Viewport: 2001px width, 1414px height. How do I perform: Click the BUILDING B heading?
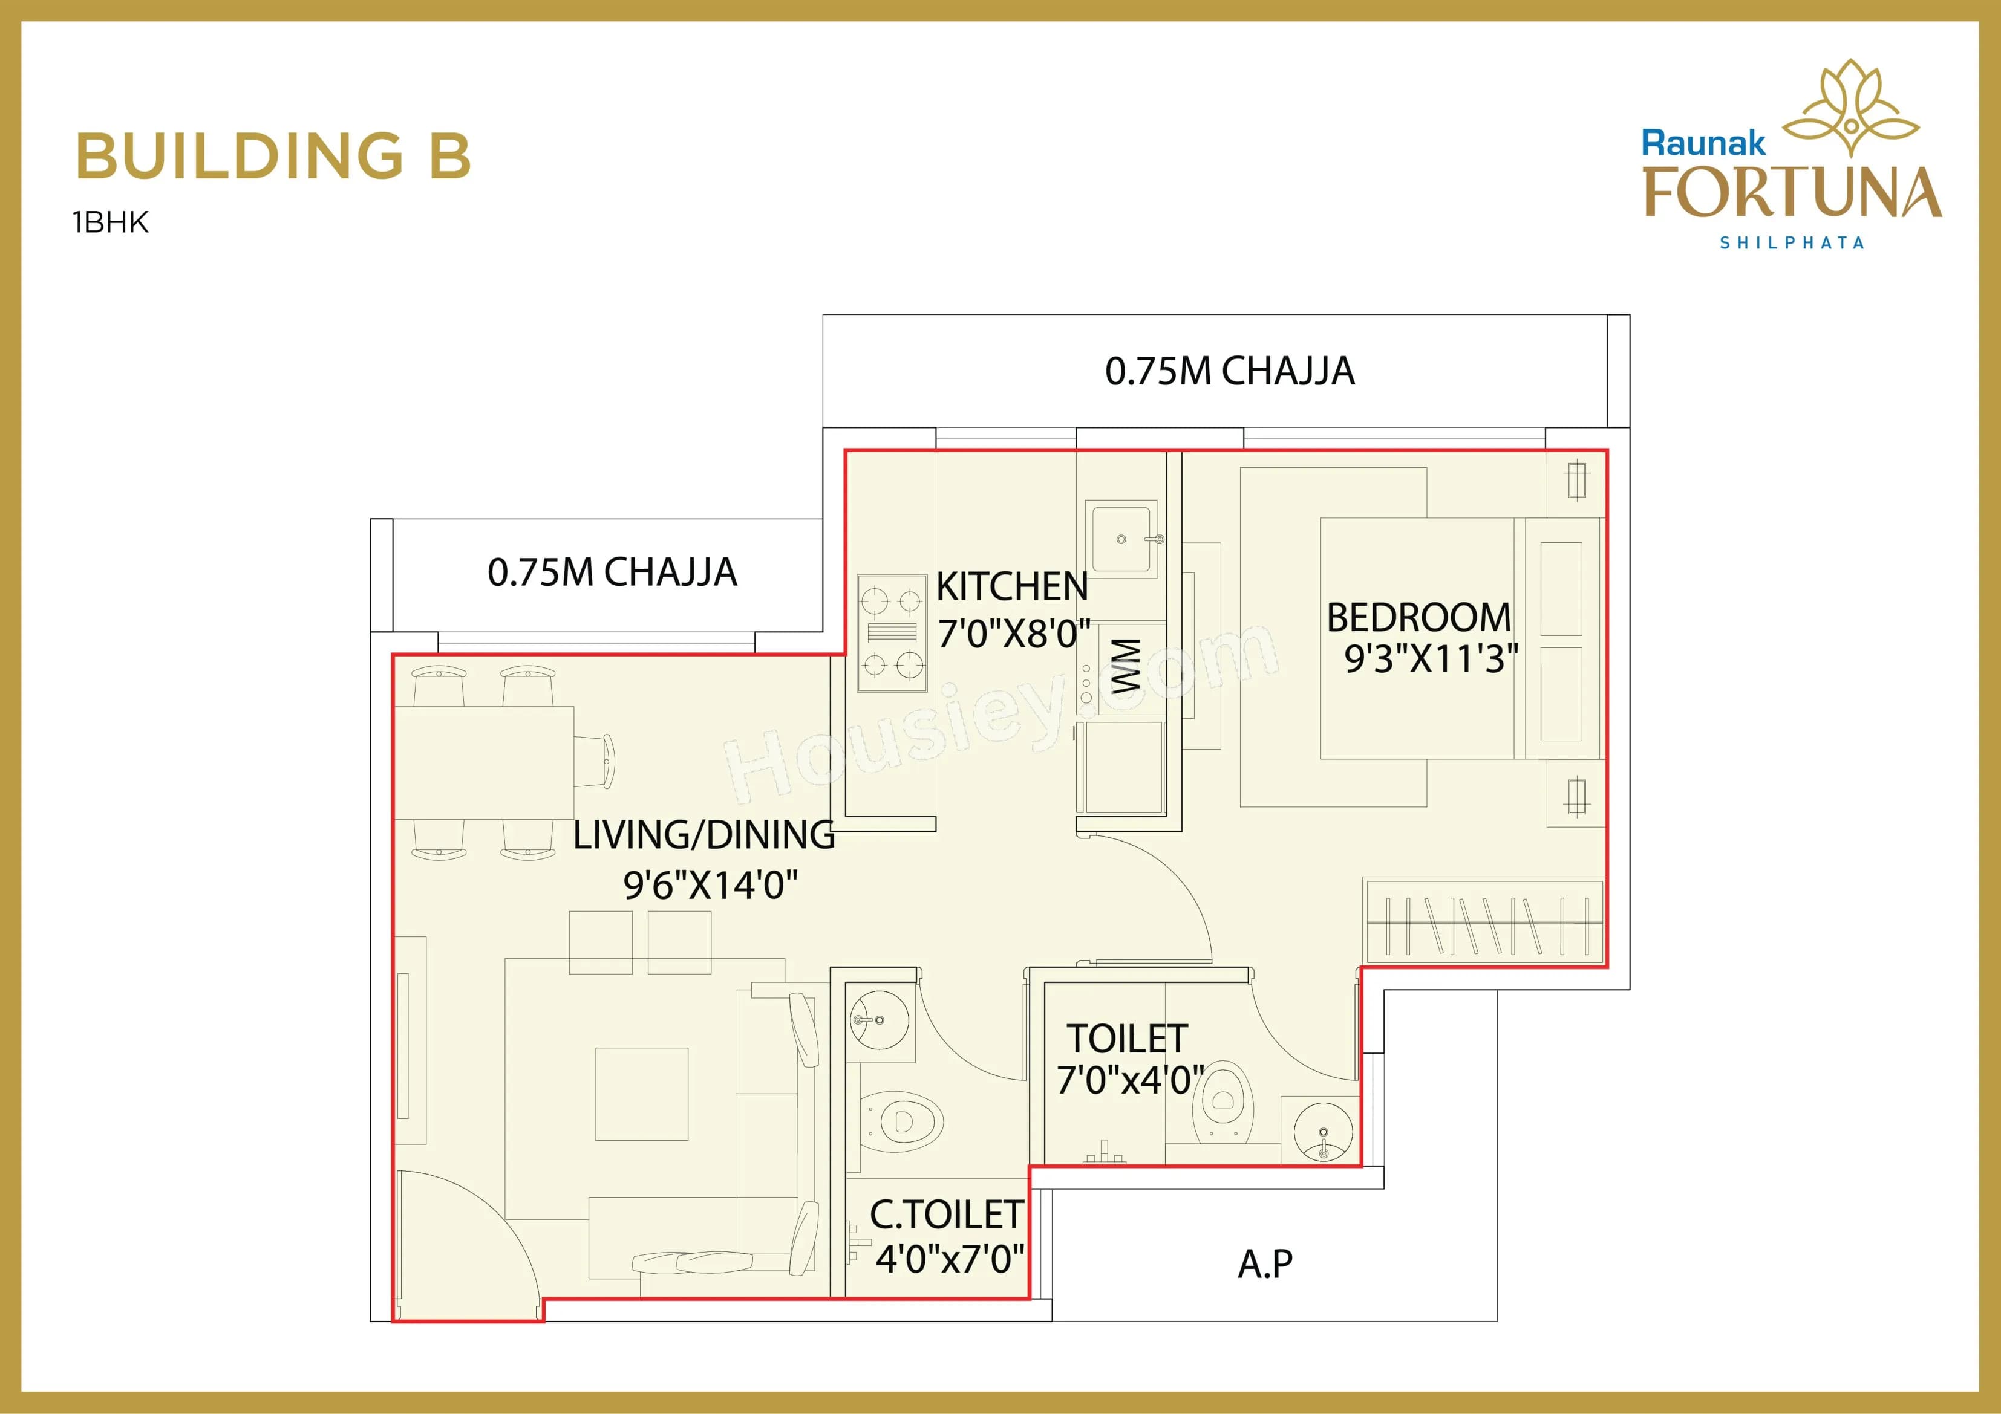point(273,157)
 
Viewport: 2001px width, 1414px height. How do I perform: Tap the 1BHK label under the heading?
point(111,223)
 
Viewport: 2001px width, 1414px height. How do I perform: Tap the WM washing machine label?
point(1126,666)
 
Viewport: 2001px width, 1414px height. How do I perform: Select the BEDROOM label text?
point(1418,618)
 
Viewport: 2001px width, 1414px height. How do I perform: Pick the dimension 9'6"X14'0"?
point(710,886)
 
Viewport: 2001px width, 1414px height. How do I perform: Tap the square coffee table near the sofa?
point(641,1094)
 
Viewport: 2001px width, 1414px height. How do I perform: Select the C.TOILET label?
point(945,1215)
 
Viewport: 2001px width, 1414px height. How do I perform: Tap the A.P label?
point(1265,1263)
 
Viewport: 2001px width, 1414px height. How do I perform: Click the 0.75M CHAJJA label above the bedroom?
point(1229,371)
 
